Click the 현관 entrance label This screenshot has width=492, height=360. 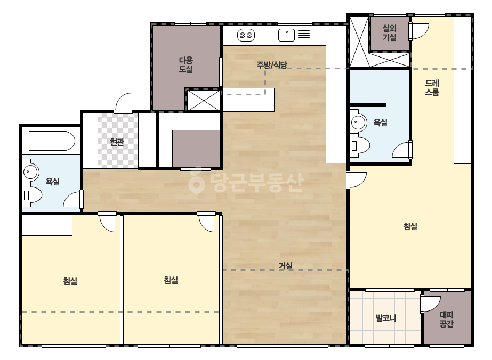(x=117, y=142)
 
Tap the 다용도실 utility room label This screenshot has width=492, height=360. (x=185, y=64)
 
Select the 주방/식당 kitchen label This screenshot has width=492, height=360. (x=272, y=65)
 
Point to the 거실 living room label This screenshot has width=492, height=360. (x=286, y=266)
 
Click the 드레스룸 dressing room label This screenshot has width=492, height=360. (x=432, y=87)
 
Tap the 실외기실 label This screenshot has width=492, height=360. (x=390, y=32)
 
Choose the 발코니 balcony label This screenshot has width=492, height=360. (x=386, y=318)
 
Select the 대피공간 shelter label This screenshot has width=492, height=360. (x=447, y=319)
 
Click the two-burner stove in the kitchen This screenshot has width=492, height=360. (x=246, y=35)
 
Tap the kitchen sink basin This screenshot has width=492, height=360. (x=286, y=35)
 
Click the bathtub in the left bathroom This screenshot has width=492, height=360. (x=52, y=141)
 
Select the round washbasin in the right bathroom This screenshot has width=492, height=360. (x=358, y=122)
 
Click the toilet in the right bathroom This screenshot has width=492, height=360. (x=360, y=145)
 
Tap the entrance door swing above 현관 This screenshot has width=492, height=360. (x=123, y=102)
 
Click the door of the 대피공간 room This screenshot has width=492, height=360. (x=431, y=304)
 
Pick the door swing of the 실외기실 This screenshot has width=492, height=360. (x=418, y=31)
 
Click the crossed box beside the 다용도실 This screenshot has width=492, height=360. (x=203, y=100)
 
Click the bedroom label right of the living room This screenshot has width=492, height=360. (x=410, y=226)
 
